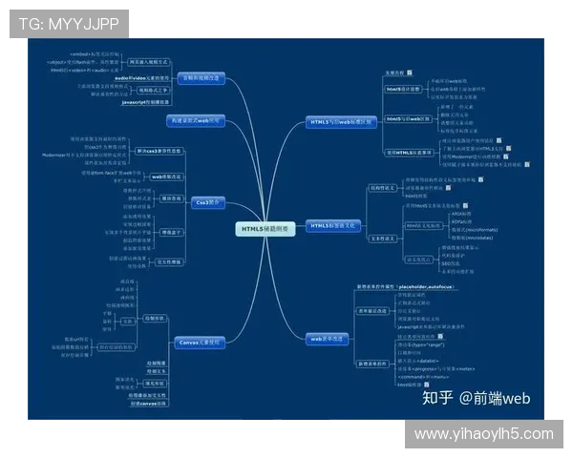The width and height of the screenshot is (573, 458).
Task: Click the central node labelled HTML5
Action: [260, 228]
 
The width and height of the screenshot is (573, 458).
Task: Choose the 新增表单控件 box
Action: [372, 364]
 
